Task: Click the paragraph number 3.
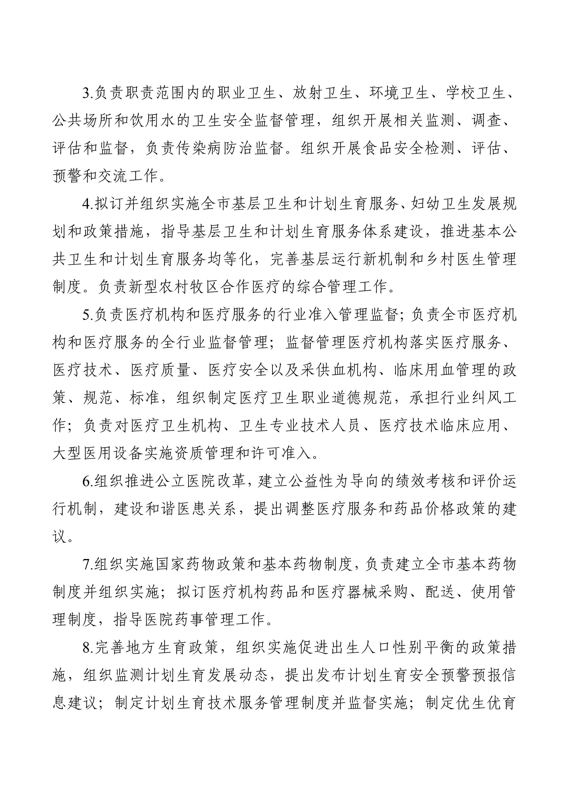tap(86, 94)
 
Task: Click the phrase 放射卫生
tap(322, 94)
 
